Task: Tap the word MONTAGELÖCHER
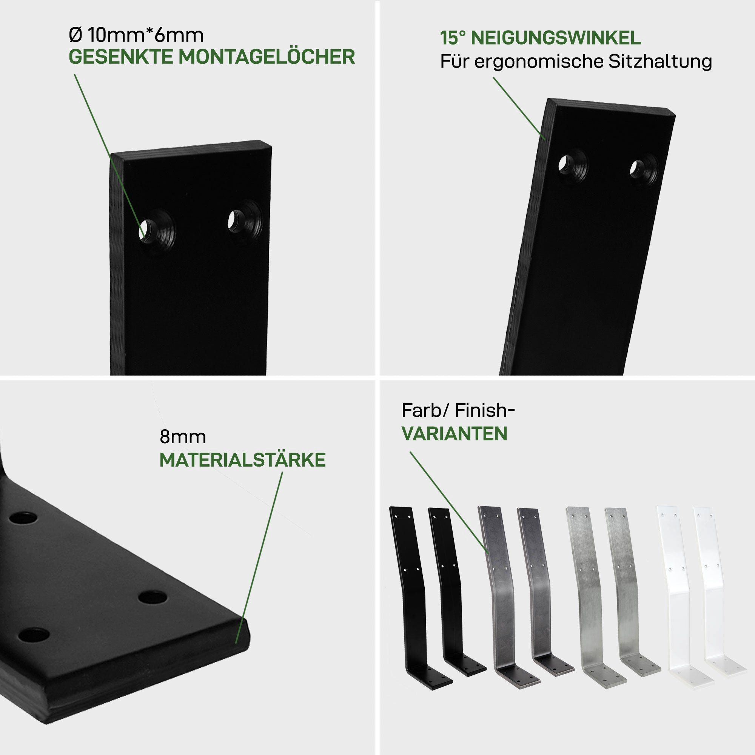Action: pyautogui.click(x=267, y=57)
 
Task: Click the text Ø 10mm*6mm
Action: pyautogui.click(x=136, y=35)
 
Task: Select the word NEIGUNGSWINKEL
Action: pyautogui.click(x=556, y=38)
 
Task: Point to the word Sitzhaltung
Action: pyautogui.click(x=660, y=62)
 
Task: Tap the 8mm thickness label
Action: pyautogui.click(x=182, y=437)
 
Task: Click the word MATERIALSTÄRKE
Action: pyautogui.click(x=243, y=460)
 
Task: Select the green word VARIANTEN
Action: pyautogui.click(x=455, y=434)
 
